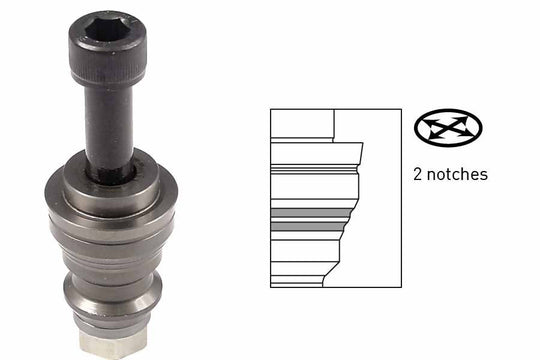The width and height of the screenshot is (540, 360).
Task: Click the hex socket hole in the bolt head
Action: pos(106,30)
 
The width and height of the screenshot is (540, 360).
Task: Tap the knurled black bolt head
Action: pos(108,48)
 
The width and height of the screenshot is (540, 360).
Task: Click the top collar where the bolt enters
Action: pos(111,183)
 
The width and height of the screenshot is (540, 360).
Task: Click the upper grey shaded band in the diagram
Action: pos(312,213)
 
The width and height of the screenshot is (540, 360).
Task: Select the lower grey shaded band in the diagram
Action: pos(308,226)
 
